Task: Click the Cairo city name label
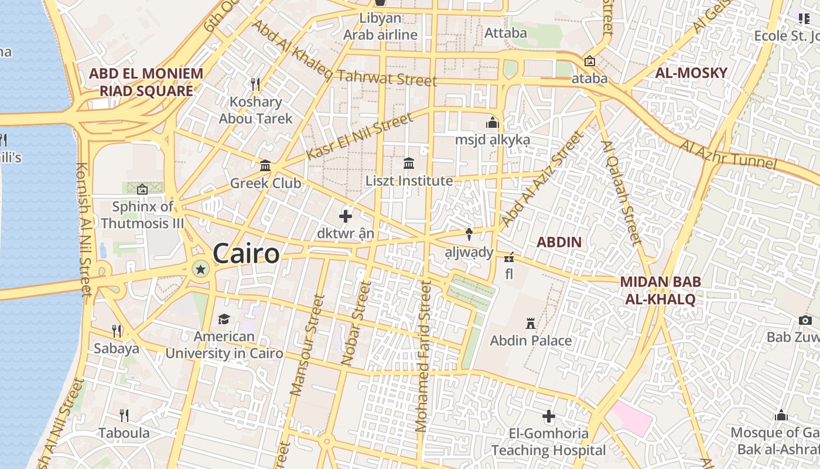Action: point(246,254)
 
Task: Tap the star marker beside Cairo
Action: point(200,269)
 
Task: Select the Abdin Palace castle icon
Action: point(531,323)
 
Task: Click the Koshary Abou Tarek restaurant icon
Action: point(255,84)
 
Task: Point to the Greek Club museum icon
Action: point(265,166)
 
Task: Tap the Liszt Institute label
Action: point(409,181)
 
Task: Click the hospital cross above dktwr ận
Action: point(346,216)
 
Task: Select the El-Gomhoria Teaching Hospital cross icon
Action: point(549,417)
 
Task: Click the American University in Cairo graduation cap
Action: point(224,319)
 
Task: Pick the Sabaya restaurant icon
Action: point(117,331)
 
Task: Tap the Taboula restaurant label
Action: point(124,433)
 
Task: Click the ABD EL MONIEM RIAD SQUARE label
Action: point(146,82)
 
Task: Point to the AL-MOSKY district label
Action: point(691,73)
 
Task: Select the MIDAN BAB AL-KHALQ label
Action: point(660,290)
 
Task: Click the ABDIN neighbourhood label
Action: point(559,242)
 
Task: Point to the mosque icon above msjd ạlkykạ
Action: point(492,123)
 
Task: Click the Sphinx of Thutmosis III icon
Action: point(142,189)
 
